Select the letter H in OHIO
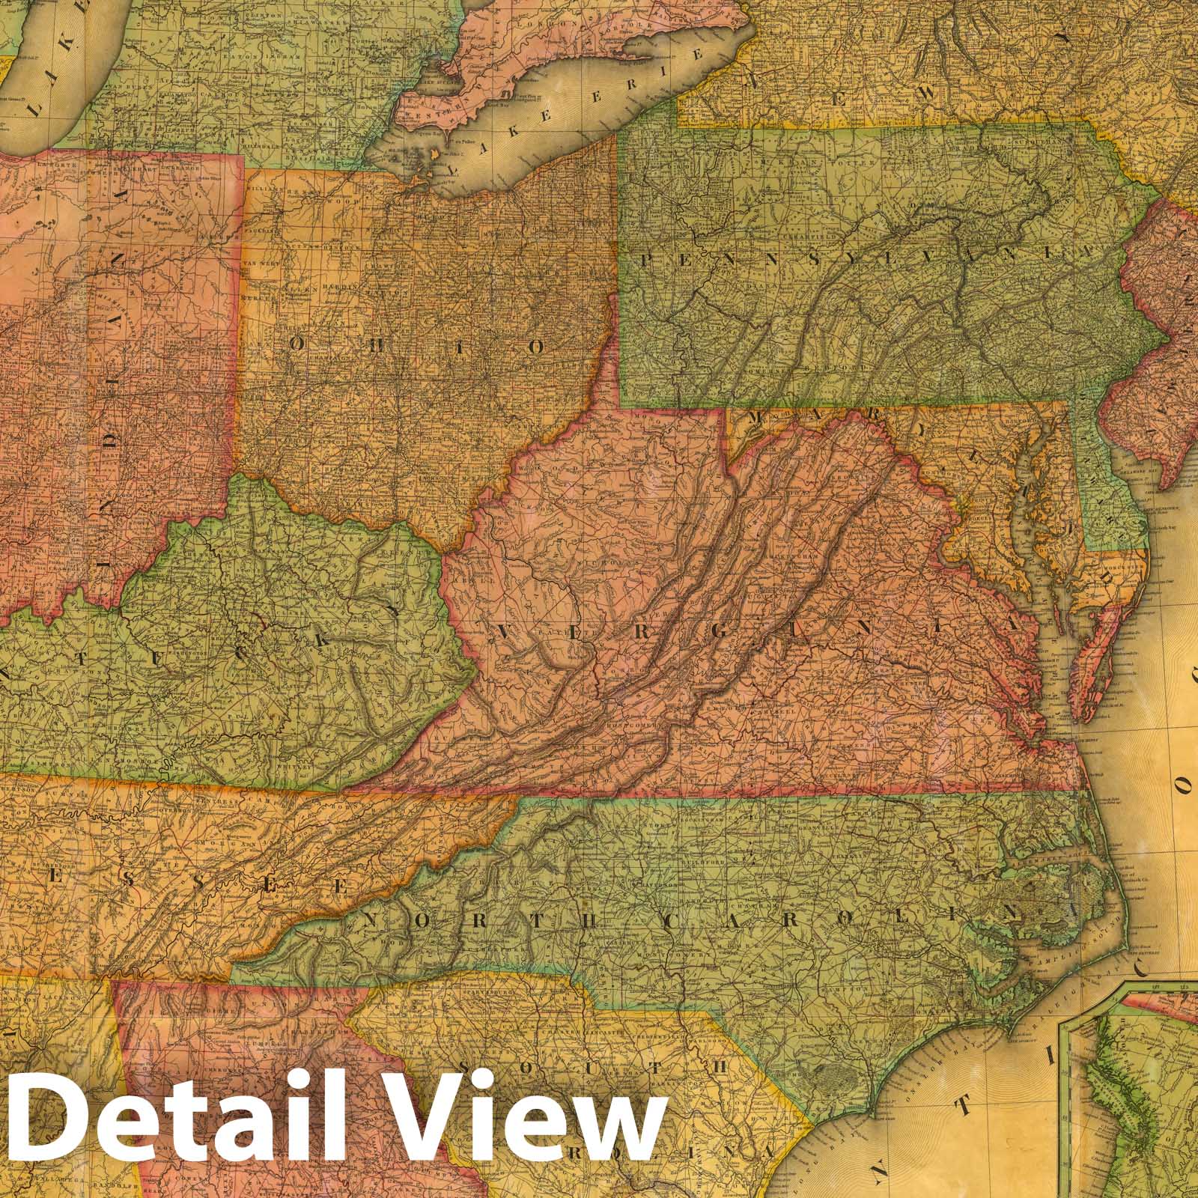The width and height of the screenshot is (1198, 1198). [374, 342]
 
